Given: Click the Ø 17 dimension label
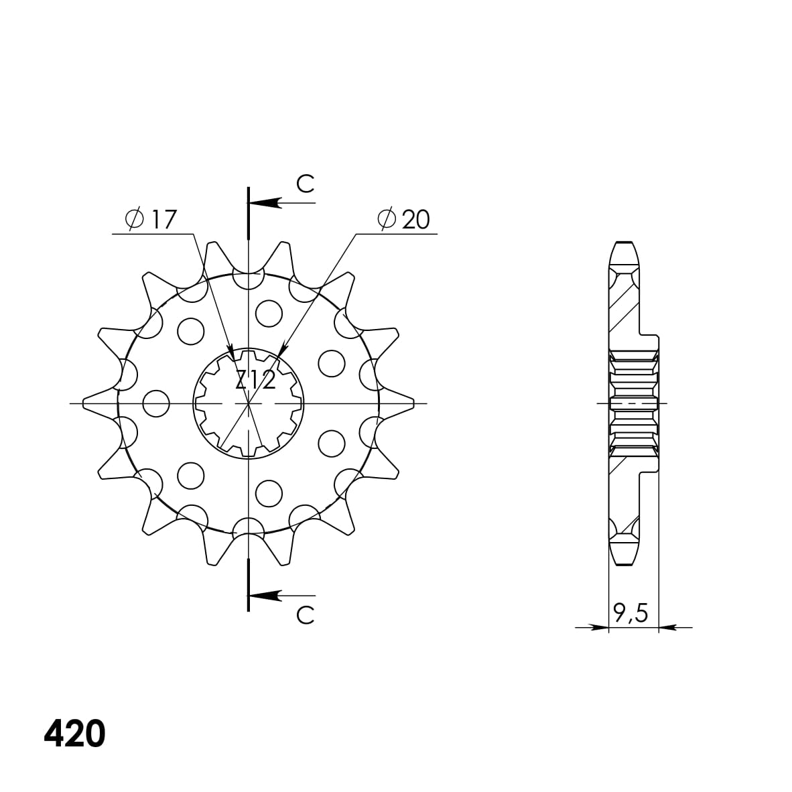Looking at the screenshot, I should [x=151, y=219].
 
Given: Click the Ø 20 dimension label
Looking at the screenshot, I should [x=403, y=219].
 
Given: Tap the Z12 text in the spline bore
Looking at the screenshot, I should [x=255, y=381].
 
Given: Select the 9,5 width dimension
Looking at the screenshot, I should [x=631, y=612].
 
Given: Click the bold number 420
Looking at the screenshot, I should [x=74, y=734].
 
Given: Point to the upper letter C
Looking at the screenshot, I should [x=305, y=184].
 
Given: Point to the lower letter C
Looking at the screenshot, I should [x=305, y=615].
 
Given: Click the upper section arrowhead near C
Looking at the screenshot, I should [x=264, y=202].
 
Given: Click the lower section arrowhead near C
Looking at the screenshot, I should [x=264, y=595].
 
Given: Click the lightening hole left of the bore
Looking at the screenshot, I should [x=156, y=403].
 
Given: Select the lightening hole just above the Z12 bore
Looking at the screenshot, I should [x=269, y=313].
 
